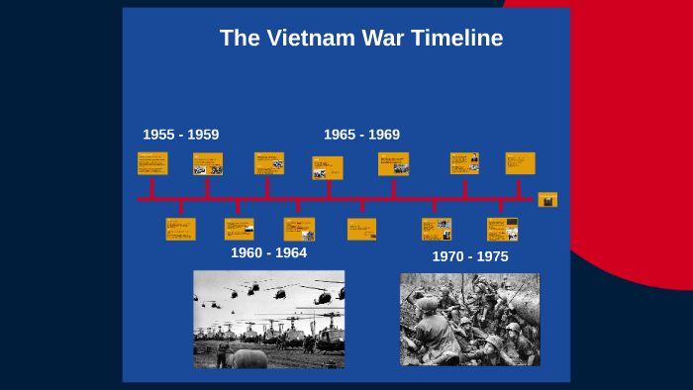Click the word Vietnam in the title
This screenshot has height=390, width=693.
323,39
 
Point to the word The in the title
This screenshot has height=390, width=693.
239,39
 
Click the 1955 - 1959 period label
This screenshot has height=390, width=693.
180,135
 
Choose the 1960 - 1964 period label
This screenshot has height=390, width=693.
268,252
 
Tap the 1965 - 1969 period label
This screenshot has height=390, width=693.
361,135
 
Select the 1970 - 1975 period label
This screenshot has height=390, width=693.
469,256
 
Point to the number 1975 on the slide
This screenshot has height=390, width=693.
491,256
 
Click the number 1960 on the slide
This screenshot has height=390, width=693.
247,252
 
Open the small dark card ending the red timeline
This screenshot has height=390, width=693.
547,199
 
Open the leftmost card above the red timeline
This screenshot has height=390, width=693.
152,163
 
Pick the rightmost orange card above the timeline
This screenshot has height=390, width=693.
520,163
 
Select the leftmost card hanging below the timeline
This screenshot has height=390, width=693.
180,229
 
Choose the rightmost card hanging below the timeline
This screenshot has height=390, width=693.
502,229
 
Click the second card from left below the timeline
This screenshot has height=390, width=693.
239,229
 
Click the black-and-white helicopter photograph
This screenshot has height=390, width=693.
268,319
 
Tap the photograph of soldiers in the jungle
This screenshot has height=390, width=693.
469,319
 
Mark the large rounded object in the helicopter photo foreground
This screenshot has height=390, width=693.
248,358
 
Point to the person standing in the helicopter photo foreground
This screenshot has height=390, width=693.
223,352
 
